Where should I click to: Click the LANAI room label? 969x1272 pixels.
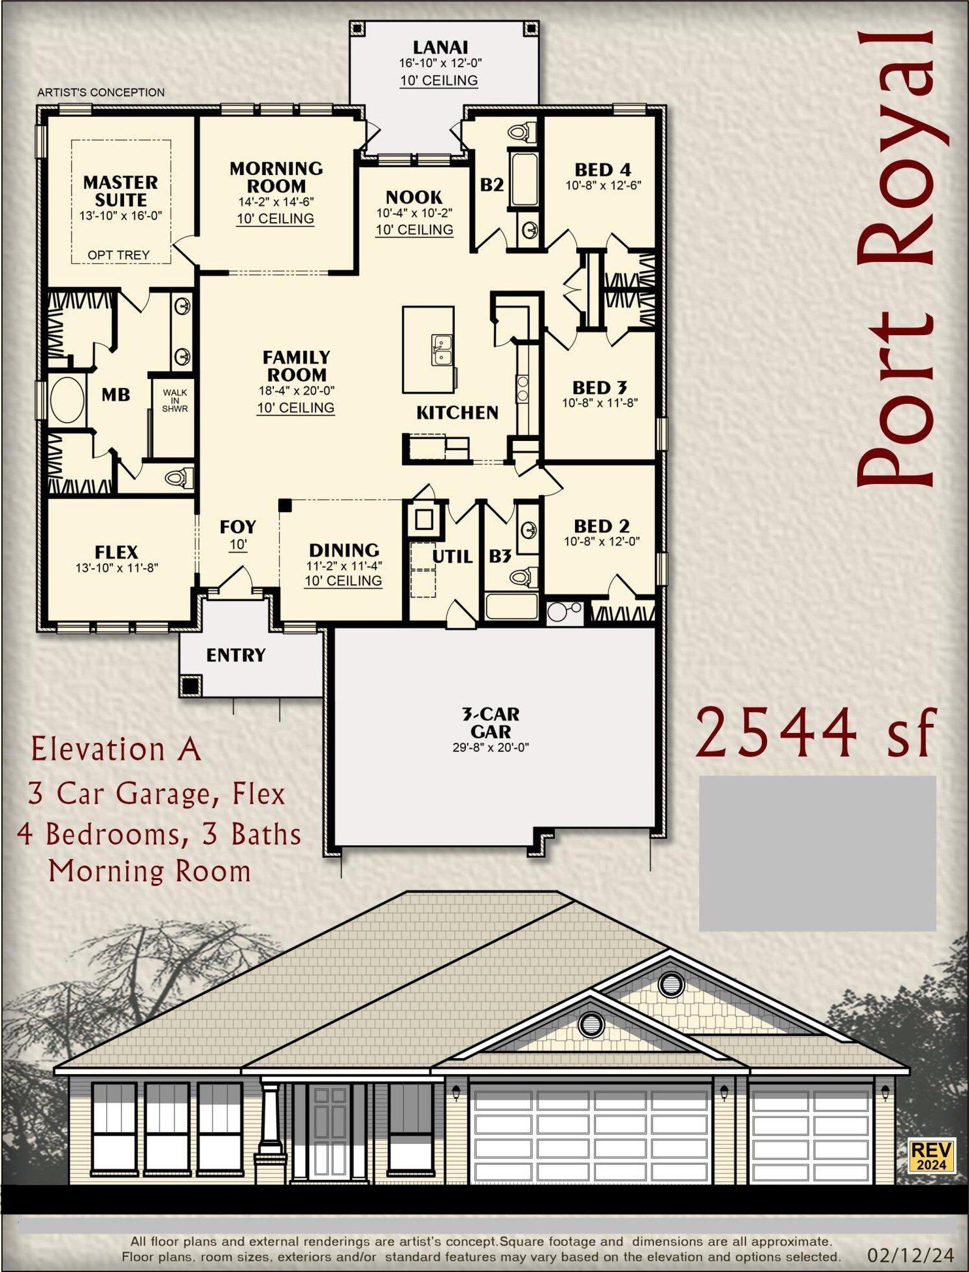tap(440, 47)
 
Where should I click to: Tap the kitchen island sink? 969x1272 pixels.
tap(441, 351)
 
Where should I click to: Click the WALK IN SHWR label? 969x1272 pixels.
tap(174, 400)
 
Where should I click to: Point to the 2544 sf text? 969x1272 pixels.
tap(815, 733)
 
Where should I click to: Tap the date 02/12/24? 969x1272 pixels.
tap(910, 1254)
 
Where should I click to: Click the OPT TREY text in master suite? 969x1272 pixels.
tap(118, 255)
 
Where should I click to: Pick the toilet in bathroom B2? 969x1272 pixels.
tap(519, 131)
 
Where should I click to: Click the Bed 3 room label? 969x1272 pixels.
tap(599, 387)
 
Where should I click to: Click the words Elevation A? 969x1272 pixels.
tap(116, 749)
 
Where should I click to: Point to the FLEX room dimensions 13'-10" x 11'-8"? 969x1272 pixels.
tap(116, 568)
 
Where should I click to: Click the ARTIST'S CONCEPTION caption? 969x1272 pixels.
tap(101, 92)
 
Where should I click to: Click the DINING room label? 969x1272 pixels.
tap(344, 550)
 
